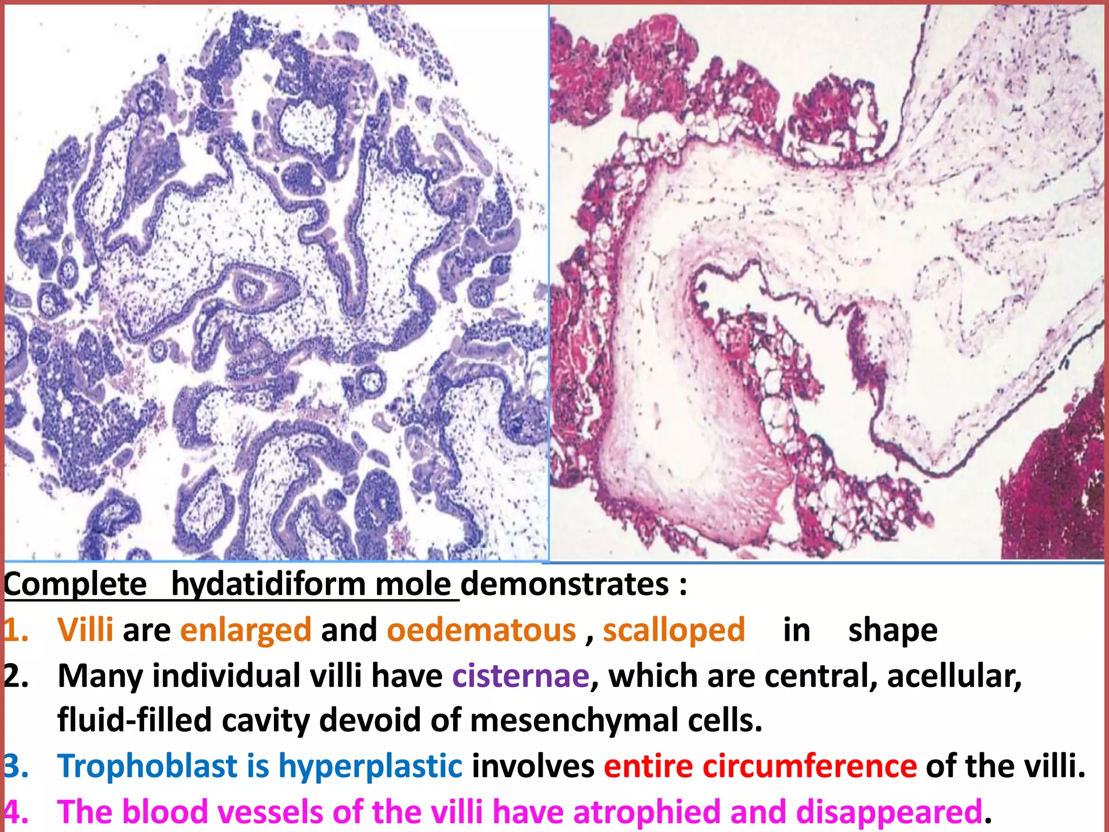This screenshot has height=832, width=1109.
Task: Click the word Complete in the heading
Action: click(x=75, y=585)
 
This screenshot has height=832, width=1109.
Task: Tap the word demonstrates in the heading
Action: click(x=564, y=585)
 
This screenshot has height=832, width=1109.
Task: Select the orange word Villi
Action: click(x=86, y=630)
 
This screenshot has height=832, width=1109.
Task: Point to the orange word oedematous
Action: click(x=481, y=630)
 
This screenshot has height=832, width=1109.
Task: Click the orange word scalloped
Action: click(x=674, y=630)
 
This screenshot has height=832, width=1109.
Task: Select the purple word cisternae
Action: click(x=520, y=676)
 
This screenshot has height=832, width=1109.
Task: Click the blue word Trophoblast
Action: click(x=147, y=766)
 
